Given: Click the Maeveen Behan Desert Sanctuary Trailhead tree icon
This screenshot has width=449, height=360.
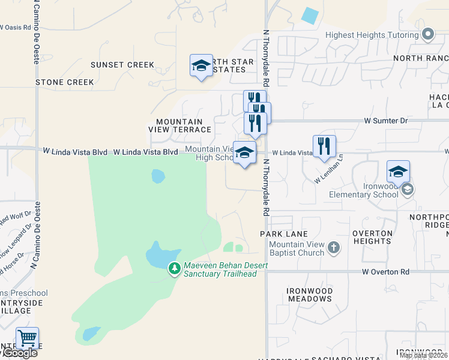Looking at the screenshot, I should [174, 268].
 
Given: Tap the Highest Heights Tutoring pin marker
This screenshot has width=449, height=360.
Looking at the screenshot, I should [428, 35].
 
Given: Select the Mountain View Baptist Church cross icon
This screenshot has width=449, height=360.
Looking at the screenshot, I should [334, 247].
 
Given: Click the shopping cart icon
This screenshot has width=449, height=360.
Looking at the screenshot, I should [26, 338].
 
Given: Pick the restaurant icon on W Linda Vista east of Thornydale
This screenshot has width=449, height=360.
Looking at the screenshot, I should [324, 146].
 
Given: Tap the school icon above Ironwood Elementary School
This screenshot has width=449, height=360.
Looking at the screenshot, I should [398, 172].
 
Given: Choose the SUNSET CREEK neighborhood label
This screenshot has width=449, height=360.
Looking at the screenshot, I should [122, 65].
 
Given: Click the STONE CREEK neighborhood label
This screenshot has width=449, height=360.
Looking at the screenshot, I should [65, 82].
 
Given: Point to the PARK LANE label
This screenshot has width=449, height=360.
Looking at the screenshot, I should [283, 234].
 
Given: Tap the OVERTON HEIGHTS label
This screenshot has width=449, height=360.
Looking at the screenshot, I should [372, 237].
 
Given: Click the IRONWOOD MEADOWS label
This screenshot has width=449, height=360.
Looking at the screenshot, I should [310, 295].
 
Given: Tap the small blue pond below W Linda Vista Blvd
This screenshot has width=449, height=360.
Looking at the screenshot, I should [158, 176].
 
